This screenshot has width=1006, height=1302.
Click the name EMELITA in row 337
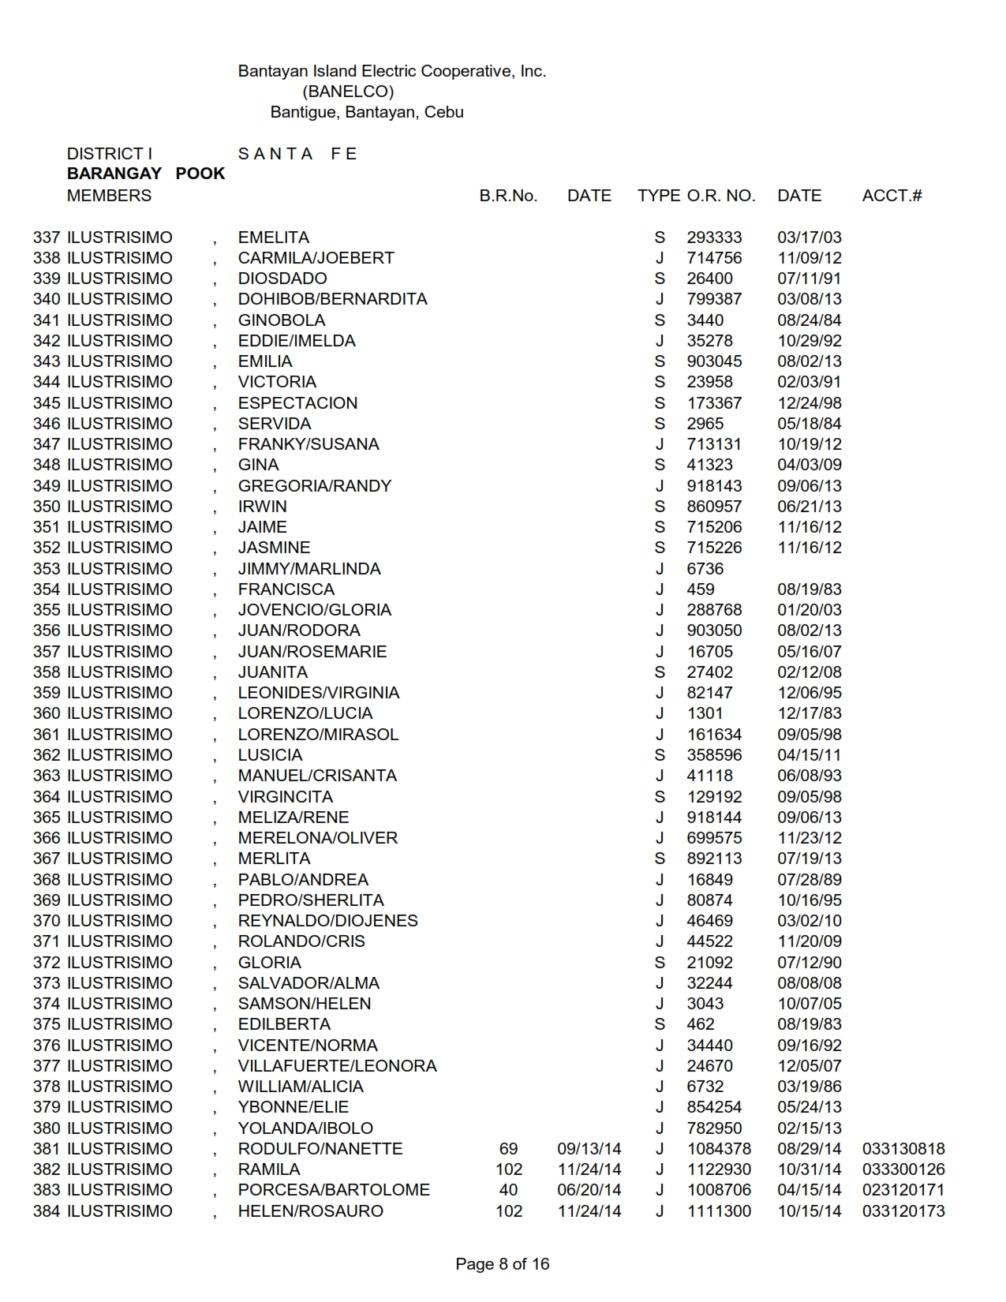pyautogui.click(x=273, y=238)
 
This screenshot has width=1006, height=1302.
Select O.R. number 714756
pyautogui.click(x=713, y=258)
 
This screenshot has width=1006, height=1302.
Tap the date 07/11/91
pyautogui.click(x=809, y=279)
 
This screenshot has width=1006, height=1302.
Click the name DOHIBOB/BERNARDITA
pyautogui.click(x=332, y=299)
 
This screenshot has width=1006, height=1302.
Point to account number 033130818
pyautogui.click(x=903, y=1149)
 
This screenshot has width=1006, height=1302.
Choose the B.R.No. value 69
pyautogui.click(x=508, y=1149)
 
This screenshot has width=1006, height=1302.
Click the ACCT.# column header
pyautogui.click(x=892, y=196)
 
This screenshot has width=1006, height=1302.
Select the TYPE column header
pyautogui.click(x=658, y=196)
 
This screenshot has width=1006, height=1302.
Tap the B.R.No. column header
pyautogui.click(x=508, y=196)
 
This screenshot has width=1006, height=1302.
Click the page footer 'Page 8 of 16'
pyautogui.click(x=502, y=1264)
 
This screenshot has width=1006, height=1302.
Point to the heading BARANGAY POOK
pyautogui.click(x=146, y=174)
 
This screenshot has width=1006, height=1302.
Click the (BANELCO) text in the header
pyautogui.click(x=348, y=92)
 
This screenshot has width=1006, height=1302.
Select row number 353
pyautogui.click(x=47, y=569)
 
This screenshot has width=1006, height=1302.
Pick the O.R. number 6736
pyautogui.click(x=705, y=569)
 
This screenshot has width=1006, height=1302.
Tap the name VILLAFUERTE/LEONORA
pyautogui.click(x=337, y=1066)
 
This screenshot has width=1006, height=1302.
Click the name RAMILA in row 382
pyautogui.click(x=269, y=1169)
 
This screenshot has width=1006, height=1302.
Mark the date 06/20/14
pyautogui.click(x=589, y=1190)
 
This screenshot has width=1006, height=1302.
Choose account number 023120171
pyautogui.click(x=903, y=1190)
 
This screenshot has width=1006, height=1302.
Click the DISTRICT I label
pyautogui.click(x=110, y=154)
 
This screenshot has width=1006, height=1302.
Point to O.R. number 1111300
pyautogui.click(x=718, y=1211)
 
